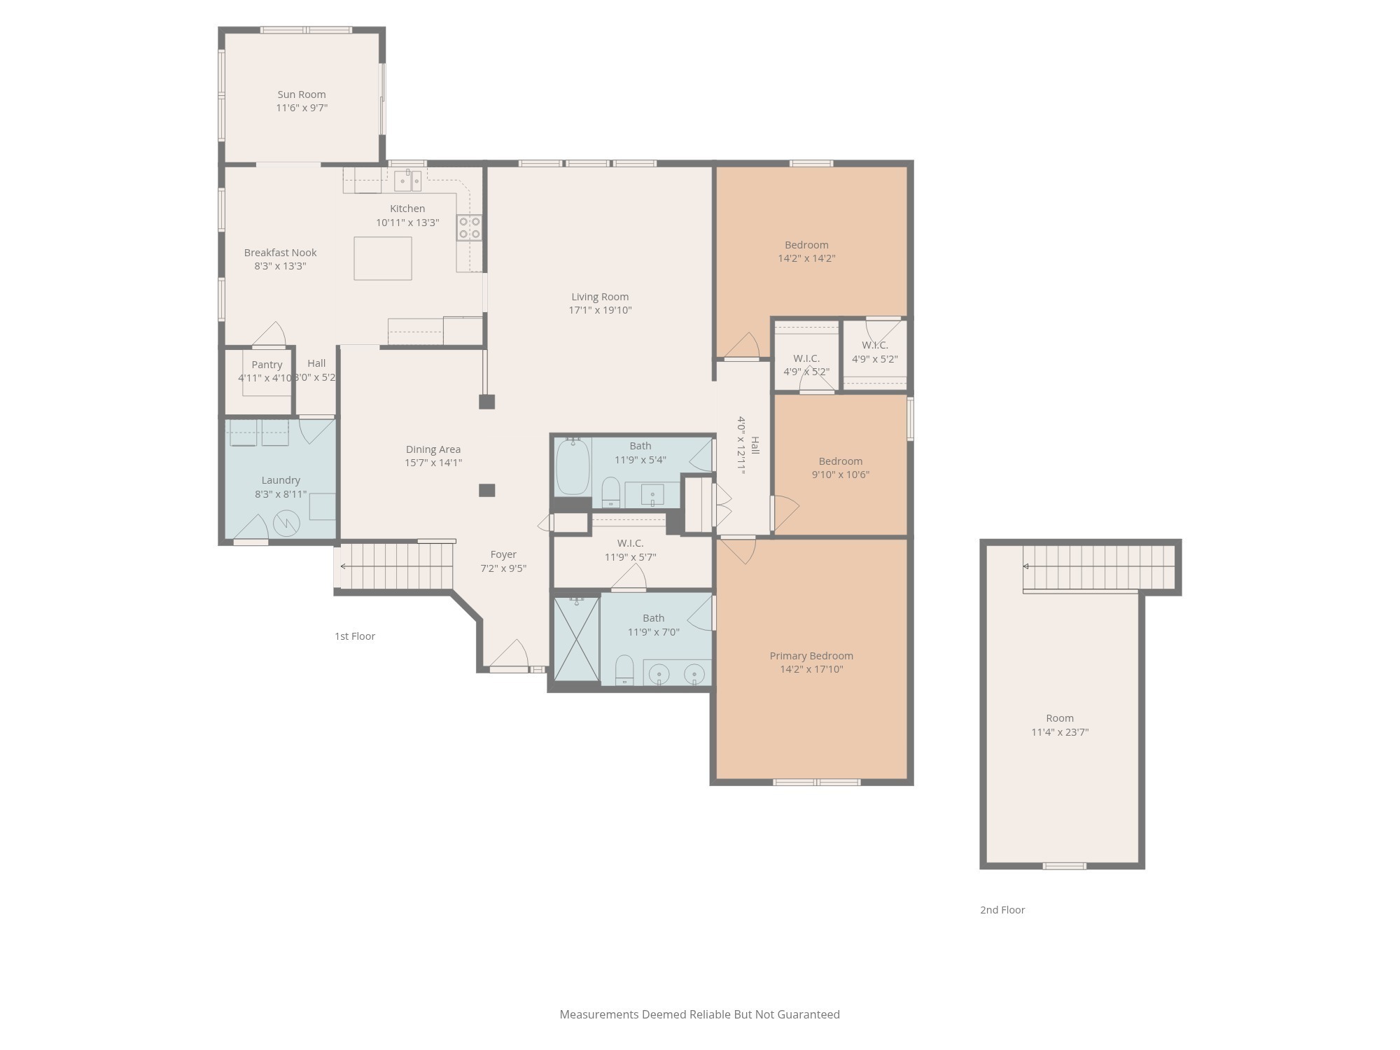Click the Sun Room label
(x=301, y=94)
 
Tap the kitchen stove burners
(x=469, y=228)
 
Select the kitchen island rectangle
(x=382, y=258)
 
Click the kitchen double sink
(x=407, y=181)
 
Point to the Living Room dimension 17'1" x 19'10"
(x=600, y=310)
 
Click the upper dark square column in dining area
(x=486, y=402)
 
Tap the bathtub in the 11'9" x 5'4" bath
(x=573, y=467)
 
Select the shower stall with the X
(x=577, y=638)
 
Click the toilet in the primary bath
(x=624, y=670)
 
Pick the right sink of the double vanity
(x=694, y=674)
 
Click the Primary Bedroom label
(x=811, y=656)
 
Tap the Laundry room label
(x=281, y=480)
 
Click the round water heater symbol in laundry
(x=286, y=523)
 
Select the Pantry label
(x=267, y=365)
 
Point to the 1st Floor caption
(x=355, y=636)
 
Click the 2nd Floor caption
(x=1002, y=910)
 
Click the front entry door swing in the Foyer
(x=510, y=654)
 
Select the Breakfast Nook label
(x=280, y=253)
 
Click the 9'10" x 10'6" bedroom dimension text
(x=840, y=475)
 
